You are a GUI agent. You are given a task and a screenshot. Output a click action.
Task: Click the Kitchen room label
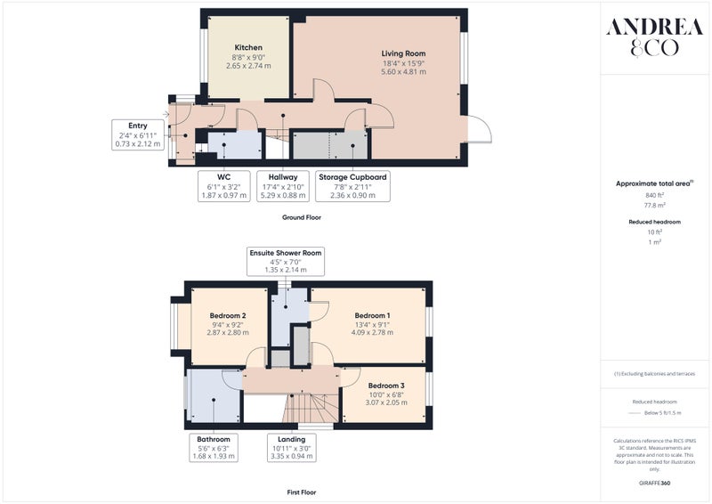click(248, 47)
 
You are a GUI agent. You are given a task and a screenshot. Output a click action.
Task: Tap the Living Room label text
click(403, 53)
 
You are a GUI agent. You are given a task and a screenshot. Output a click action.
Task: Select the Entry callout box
click(138, 134)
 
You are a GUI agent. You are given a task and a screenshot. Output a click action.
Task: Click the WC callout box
click(224, 186)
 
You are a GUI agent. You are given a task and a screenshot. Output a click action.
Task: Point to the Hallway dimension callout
click(282, 186)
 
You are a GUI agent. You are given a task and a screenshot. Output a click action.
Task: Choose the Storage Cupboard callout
click(352, 186)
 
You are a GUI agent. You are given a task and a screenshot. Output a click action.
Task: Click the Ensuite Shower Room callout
click(286, 261)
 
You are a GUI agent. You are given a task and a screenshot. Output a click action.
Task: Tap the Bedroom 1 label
click(372, 315)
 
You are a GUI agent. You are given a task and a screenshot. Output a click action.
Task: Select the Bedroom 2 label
click(228, 315)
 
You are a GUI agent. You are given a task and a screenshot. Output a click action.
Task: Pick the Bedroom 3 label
click(386, 386)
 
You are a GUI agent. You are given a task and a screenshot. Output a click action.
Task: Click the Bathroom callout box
click(214, 448)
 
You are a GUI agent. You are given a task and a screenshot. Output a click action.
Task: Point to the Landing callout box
click(292, 448)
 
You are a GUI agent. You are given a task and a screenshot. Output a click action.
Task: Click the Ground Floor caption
click(302, 217)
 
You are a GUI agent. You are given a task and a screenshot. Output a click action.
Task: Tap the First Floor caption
click(302, 492)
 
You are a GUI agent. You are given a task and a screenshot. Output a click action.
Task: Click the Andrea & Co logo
click(654, 37)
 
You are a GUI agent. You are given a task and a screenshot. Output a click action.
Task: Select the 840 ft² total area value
click(654, 195)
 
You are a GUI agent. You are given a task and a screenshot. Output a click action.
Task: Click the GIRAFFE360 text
click(654, 483)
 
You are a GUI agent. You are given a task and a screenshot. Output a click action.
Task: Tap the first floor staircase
click(311, 408)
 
